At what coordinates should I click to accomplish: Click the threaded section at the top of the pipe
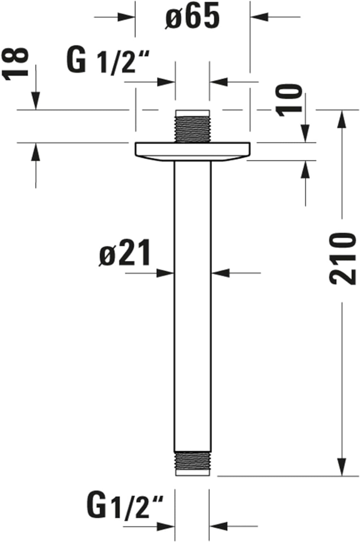click(x=192, y=129)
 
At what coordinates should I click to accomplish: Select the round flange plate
click(x=192, y=152)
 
